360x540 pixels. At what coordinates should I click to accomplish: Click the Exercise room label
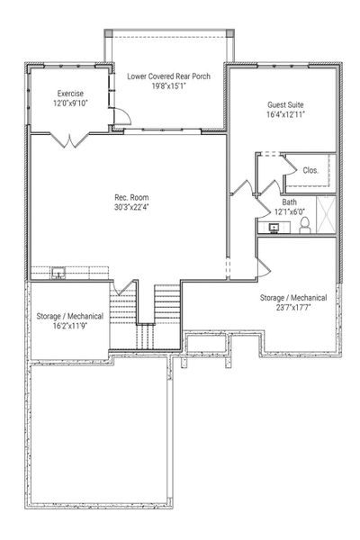click(71, 94)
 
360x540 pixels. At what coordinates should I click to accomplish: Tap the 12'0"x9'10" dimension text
click(71, 103)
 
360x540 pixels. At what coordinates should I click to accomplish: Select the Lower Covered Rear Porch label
click(168, 76)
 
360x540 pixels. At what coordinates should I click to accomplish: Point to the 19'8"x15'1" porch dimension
click(168, 87)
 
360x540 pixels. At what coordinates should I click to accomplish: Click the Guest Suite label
click(284, 104)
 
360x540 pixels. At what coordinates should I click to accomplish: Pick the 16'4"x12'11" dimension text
click(284, 115)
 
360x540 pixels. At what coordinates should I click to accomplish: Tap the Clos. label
click(310, 170)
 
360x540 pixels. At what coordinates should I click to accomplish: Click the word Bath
click(290, 202)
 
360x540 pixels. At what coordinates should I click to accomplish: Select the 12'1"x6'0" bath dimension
click(290, 212)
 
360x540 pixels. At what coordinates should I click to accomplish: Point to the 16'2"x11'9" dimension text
click(69, 328)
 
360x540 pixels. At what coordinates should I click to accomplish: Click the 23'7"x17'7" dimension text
click(286, 307)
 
